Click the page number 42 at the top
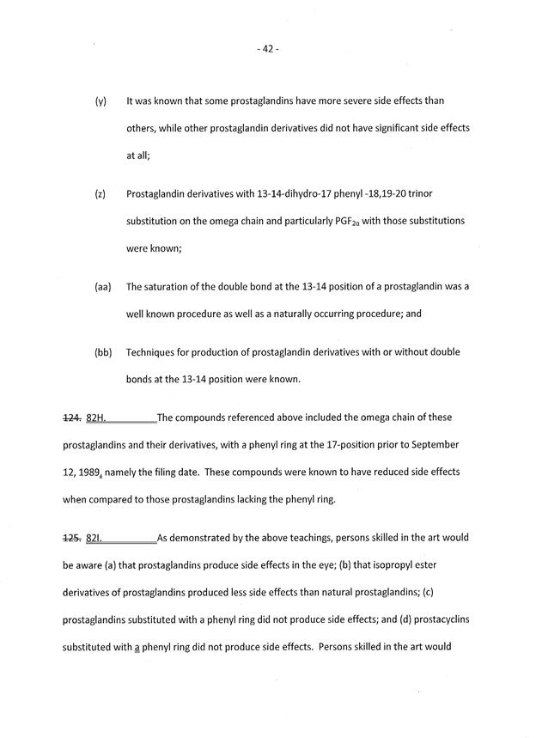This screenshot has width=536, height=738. coord(267,49)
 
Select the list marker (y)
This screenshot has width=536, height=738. coord(100,101)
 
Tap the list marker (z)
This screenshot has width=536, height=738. coord(100,194)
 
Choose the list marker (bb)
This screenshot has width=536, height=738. coord(103,352)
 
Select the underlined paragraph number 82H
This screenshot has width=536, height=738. coord(96,418)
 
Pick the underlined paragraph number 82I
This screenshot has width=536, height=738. coord(94,539)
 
